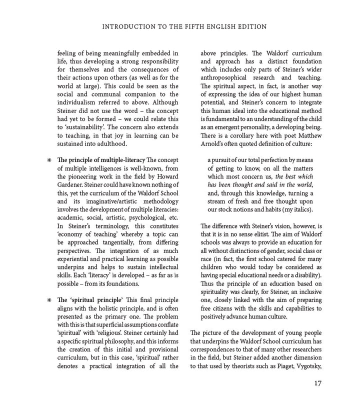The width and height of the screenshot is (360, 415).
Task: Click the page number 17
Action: click(317, 383)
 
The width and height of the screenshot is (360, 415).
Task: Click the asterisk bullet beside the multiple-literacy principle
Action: click(49, 161)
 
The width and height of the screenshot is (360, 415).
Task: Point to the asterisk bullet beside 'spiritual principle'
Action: click(49, 300)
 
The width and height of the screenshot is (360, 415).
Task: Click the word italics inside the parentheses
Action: click(298, 209)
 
